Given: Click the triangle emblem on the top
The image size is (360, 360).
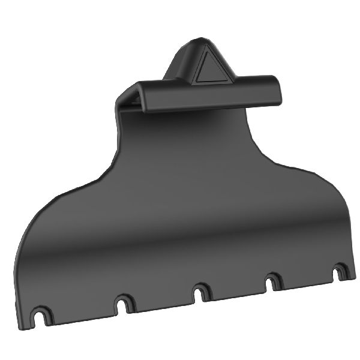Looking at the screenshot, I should coord(211,67).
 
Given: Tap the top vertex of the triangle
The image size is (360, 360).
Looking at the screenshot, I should coord(212,51).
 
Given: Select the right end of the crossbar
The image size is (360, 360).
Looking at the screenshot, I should coord(277,89).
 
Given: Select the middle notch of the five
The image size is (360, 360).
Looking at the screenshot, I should coord(200,292).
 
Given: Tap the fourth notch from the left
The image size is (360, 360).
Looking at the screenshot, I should coord(274,281).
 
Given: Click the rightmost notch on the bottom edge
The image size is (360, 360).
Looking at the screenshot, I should coord(340,272).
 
